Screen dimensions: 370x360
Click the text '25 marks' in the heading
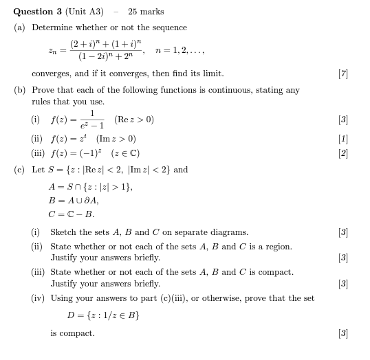coord(146,11)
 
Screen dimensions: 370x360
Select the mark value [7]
coord(342,74)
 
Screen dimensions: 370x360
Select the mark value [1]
coord(342,139)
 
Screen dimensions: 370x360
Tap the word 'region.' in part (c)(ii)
coord(276,247)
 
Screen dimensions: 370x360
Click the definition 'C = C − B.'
coord(72,214)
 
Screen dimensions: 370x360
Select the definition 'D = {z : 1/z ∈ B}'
coord(103,315)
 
